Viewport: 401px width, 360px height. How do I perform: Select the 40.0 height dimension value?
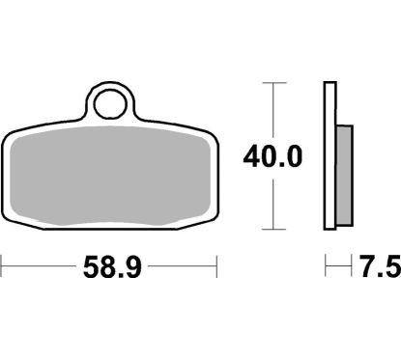tap(276, 154)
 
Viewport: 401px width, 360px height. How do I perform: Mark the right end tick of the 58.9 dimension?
tap(217, 262)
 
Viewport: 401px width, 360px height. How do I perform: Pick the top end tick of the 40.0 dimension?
tap(276, 83)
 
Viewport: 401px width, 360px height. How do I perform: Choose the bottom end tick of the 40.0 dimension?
tap(276, 229)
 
